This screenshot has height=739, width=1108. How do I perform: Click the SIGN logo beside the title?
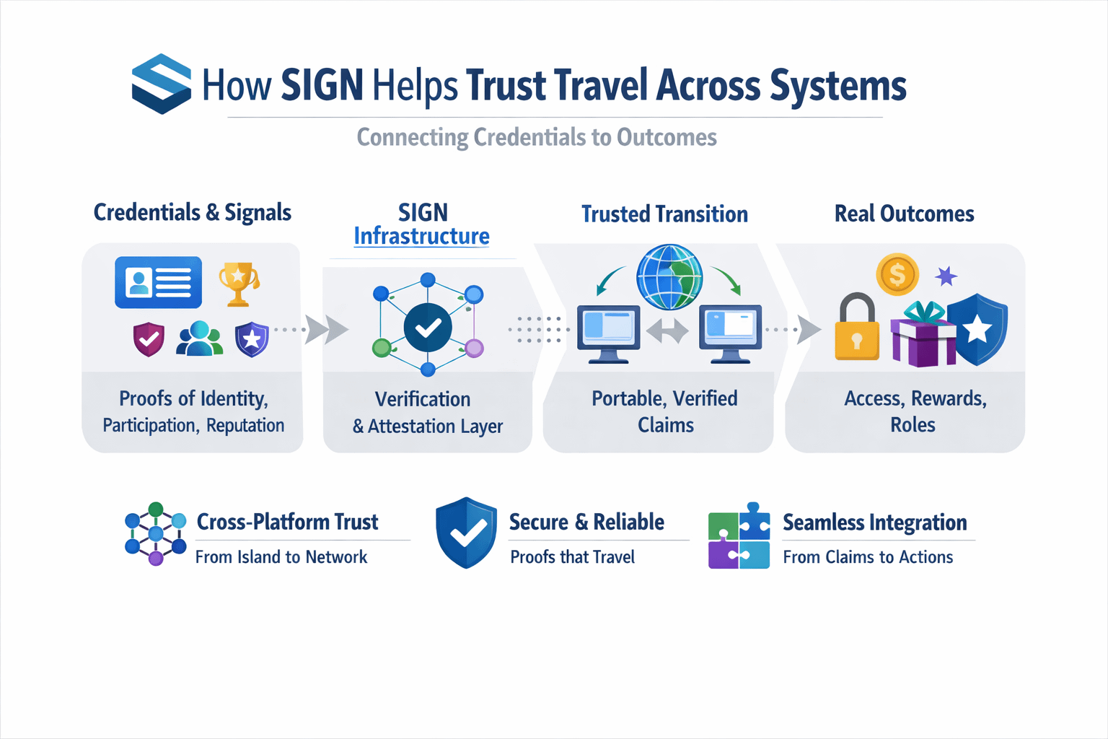point(161,84)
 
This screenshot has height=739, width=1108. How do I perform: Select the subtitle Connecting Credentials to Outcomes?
point(537,137)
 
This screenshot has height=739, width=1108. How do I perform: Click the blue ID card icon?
point(158,282)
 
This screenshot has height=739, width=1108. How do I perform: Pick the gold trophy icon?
point(238,283)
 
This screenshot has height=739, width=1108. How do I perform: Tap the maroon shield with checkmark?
point(149,339)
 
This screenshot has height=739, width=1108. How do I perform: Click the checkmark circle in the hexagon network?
point(428,328)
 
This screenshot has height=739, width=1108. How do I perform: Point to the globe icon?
point(669,277)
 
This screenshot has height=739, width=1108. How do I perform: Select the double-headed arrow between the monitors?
point(667,332)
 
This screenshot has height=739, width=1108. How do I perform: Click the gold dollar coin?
point(897,274)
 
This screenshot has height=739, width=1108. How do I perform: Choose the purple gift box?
point(923,336)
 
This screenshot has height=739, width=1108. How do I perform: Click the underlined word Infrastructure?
point(421,236)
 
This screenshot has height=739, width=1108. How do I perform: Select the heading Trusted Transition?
point(664,214)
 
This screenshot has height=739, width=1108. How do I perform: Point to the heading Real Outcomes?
point(904,214)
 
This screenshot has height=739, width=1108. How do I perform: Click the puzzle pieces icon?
point(739,535)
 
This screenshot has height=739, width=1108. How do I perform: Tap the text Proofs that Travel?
point(572,557)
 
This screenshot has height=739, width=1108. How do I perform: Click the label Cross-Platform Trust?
point(287,522)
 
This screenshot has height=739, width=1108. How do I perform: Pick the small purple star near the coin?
point(946,276)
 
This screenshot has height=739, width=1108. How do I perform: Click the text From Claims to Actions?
point(868,557)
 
